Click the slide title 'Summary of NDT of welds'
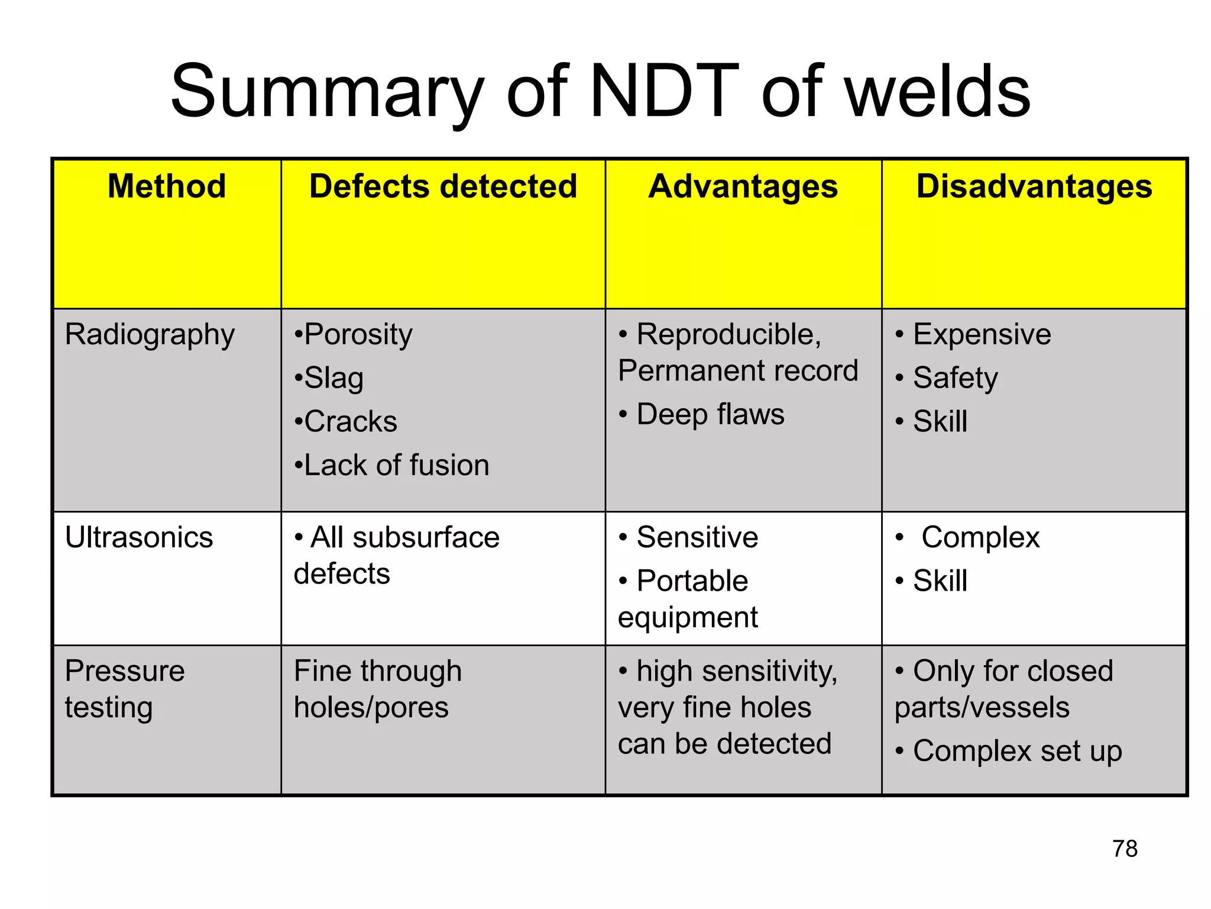(x=600, y=92)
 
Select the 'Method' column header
(x=167, y=186)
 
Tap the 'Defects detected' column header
(x=443, y=186)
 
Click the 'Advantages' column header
(x=743, y=186)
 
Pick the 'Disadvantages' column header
(x=1034, y=186)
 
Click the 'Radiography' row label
(x=150, y=335)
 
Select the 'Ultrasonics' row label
(x=139, y=538)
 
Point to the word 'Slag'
(x=333, y=379)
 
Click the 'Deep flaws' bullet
(x=710, y=414)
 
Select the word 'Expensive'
(x=982, y=335)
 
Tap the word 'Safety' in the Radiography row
(x=955, y=379)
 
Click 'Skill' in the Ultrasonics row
(x=940, y=581)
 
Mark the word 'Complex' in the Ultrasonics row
(x=980, y=538)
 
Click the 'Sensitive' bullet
(x=697, y=538)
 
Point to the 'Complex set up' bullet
(x=1017, y=752)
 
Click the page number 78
(x=1125, y=849)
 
